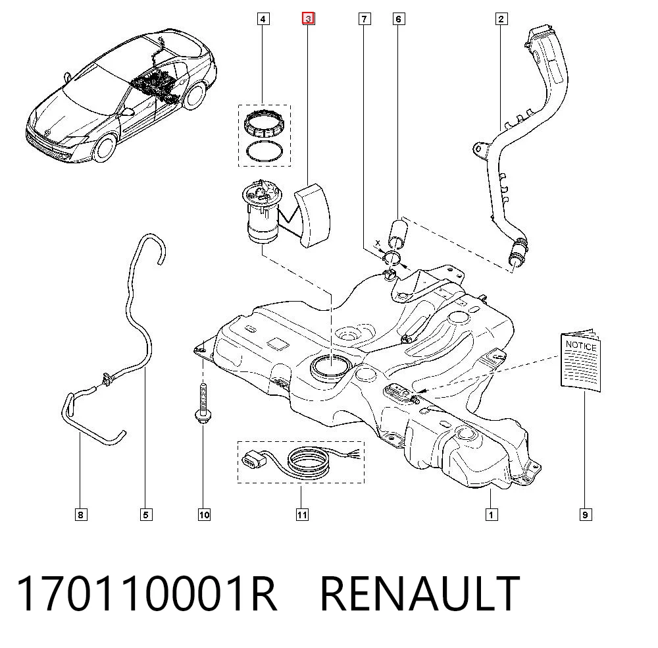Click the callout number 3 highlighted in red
[x=309, y=19]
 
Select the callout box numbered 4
[x=263, y=19]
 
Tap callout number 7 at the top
[x=365, y=19]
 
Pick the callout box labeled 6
[x=399, y=19]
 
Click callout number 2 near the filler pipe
[x=501, y=19]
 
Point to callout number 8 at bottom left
[x=81, y=514]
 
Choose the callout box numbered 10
[x=204, y=514]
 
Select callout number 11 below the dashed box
[x=302, y=514]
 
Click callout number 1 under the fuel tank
[x=492, y=514]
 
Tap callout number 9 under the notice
[x=586, y=514]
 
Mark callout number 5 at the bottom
[x=146, y=514]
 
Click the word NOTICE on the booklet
[x=581, y=346]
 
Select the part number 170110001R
[x=147, y=593]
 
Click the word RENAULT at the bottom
[x=420, y=593]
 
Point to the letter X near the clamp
[x=378, y=243]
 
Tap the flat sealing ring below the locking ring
[x=265, y=151]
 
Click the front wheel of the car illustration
[x=105, y=148]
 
